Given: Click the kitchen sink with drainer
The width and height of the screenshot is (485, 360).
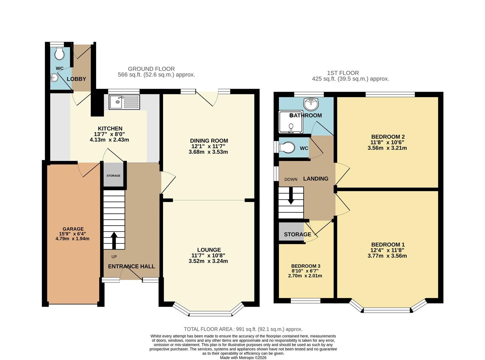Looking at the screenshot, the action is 124,102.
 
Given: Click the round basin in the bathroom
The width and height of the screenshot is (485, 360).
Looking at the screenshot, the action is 311,104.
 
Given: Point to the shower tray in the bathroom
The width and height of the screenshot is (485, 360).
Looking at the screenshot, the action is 291,122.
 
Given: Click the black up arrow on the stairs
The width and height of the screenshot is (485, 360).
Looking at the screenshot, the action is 114,240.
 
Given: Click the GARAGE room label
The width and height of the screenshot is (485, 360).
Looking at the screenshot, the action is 73,229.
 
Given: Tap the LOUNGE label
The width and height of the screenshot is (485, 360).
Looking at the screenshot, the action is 209,250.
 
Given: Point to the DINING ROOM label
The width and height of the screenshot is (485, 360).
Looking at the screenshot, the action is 209,141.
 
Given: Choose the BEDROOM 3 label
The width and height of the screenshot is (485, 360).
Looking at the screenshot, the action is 306,266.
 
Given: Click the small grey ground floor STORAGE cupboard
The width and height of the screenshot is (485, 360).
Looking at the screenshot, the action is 113,175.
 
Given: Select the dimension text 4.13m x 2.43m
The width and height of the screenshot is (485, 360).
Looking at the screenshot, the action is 109,140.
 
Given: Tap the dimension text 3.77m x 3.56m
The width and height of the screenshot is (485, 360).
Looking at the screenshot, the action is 387,256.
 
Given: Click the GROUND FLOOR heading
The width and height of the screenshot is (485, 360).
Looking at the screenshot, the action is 151,69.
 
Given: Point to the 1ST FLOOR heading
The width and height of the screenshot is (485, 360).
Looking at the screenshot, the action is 343,73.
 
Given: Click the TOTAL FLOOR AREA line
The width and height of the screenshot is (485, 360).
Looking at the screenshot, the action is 243,329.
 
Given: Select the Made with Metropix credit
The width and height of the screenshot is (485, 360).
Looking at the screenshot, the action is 243,358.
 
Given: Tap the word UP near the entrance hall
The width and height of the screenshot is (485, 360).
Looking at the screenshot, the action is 114,257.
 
